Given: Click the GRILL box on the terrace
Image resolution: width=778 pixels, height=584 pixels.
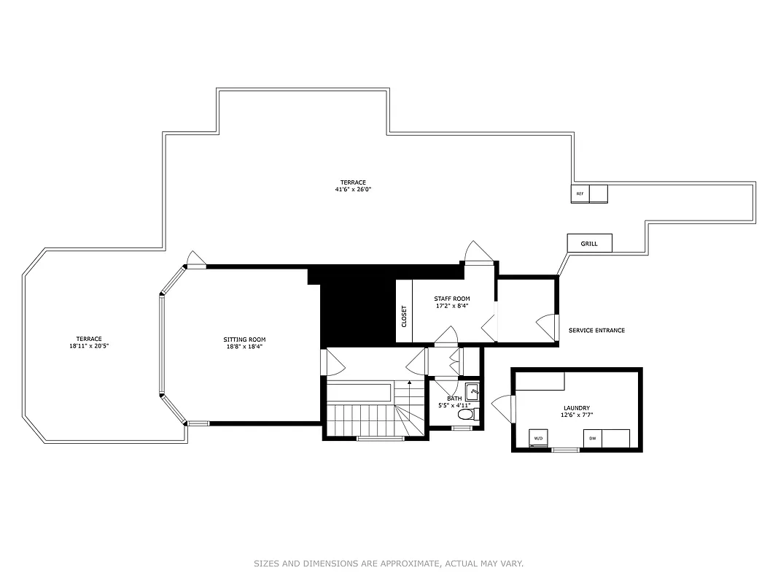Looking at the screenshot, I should coord(589,243).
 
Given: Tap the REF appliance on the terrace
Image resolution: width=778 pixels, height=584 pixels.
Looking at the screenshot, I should coord(580,194).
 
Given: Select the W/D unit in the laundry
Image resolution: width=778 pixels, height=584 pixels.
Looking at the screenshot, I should coord(539,438).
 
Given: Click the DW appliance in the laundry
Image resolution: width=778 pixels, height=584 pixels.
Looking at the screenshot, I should coord(592,438).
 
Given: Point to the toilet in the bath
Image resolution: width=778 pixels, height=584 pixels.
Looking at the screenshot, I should coord(465,415).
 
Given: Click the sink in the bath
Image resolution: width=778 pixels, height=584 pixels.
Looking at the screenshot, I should coord(472,392).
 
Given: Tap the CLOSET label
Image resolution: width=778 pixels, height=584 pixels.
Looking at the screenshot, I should coord(404,316).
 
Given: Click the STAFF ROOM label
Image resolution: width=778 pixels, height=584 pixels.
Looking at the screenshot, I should coord(452,299).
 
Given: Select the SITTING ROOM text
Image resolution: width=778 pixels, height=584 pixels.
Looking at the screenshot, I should coord(244,339).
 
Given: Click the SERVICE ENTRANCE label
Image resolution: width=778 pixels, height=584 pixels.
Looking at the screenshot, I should coord(596,331).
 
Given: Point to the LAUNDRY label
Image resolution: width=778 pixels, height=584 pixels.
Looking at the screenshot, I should coord(576,408).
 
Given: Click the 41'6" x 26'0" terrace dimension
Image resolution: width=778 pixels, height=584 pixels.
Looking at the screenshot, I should coord(353,190).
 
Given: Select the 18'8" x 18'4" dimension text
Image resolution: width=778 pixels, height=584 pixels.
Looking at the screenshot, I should coord(244,347).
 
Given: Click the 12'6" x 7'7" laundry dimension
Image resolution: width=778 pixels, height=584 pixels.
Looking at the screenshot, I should coord(576,415).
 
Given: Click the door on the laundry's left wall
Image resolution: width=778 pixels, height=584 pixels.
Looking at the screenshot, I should coord(504,406).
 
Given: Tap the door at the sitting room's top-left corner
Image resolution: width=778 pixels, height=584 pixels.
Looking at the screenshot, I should coord(195,260).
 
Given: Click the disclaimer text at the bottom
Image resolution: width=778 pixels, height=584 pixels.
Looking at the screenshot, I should coord(389,564).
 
